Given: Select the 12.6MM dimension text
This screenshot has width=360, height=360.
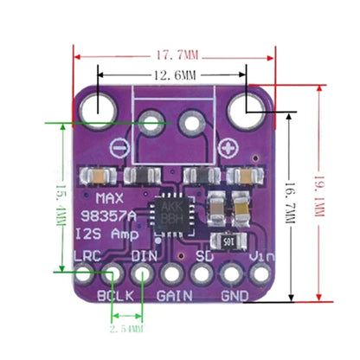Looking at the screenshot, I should click(x=173, y=75).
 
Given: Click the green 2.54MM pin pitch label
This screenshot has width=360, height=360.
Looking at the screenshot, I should click(x=127, y=329).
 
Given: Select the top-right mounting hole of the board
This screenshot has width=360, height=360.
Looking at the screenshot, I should click(x=245, y=109).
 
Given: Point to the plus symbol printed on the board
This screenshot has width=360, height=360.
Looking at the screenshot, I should click(x=229, y=145).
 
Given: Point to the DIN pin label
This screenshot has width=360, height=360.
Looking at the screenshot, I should click(x=144, y=256).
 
